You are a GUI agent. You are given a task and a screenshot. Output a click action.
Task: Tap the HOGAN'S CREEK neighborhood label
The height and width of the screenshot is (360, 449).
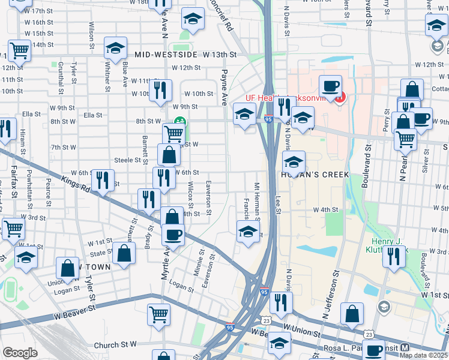[x=312, y=174]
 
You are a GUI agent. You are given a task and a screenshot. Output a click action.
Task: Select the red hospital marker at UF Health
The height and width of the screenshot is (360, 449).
[x=340, y=97]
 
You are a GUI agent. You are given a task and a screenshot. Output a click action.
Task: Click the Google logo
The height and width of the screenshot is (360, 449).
[x=20, y=352]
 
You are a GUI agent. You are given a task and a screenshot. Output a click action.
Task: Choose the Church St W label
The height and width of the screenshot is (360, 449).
[x=116, y=345]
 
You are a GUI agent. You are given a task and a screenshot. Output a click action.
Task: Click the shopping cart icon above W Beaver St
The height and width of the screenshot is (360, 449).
[x=158, y=314]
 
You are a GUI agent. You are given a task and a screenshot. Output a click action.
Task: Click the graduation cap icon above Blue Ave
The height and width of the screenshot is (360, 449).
[x=115, y=49]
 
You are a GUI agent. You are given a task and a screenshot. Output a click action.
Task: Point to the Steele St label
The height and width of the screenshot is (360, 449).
[x=131, y=160]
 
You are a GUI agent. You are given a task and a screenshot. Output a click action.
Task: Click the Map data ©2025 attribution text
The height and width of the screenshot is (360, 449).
[x=423, y=355]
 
